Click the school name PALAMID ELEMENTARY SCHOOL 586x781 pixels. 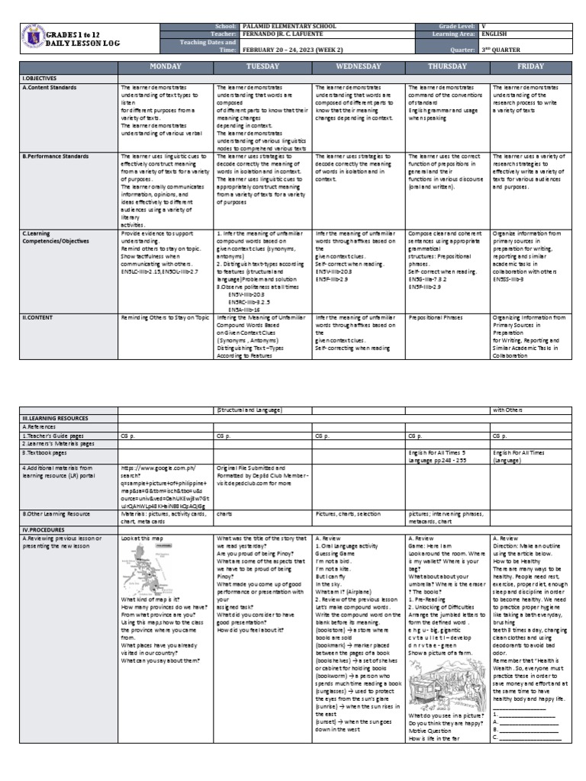(x=279, y=26)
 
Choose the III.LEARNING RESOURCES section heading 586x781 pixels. (x=56, y=419)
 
